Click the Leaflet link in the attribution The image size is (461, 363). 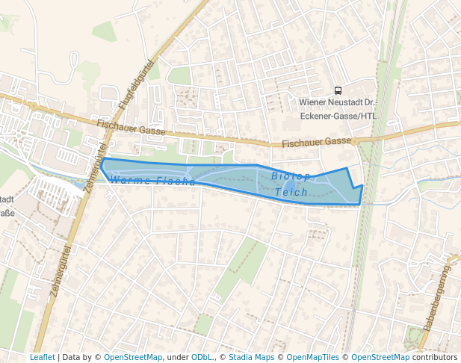click(42, 358)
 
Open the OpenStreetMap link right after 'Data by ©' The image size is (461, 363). click(133, 358)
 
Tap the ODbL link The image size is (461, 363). click(202, 358)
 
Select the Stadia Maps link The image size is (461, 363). click(251, 358)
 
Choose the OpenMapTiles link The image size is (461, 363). click(314, 358)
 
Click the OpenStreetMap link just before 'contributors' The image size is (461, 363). click(380, 358)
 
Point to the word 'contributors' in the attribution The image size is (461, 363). click(435, 358)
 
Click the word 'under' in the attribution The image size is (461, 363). click(178, 358)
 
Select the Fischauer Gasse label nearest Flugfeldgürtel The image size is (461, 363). click(131, 131)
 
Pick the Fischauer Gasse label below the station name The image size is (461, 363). click(316, 142)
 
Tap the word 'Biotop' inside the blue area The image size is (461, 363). click(291, 177)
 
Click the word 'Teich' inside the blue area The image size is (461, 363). click(291, 193)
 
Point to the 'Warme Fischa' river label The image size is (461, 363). click(152, 181)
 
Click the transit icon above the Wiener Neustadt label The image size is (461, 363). click(338, 91)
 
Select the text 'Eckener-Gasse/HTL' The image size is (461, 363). click(338, 116)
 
